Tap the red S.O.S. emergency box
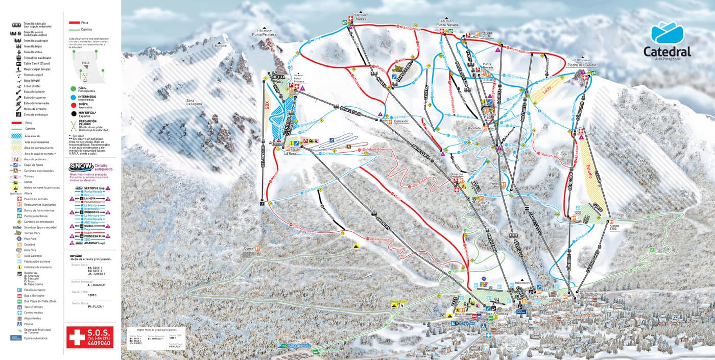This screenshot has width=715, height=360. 83,334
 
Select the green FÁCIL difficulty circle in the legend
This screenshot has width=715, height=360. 74,88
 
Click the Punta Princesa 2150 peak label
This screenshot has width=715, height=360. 264,34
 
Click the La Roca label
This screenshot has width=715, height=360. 290,153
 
